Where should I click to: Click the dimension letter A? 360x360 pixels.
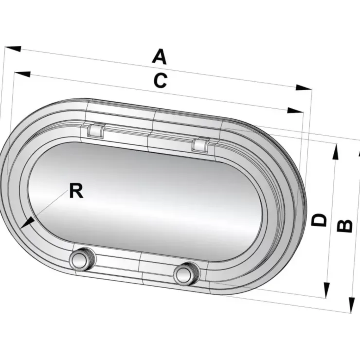(x=159, y=56)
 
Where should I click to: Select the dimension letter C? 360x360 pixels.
(x=160, y=80)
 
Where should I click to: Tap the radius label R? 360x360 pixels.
(x=76, y=191)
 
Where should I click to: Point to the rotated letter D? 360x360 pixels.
(x=319, y=220)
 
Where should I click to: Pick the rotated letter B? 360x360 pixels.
(x=344, y=226)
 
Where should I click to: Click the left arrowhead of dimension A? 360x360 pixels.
(x=13, y=49)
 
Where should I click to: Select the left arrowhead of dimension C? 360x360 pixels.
(x=22, y=74)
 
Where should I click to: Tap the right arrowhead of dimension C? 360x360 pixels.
(x=295, y=110)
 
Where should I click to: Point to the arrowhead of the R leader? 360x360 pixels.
(x=27, y=223)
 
